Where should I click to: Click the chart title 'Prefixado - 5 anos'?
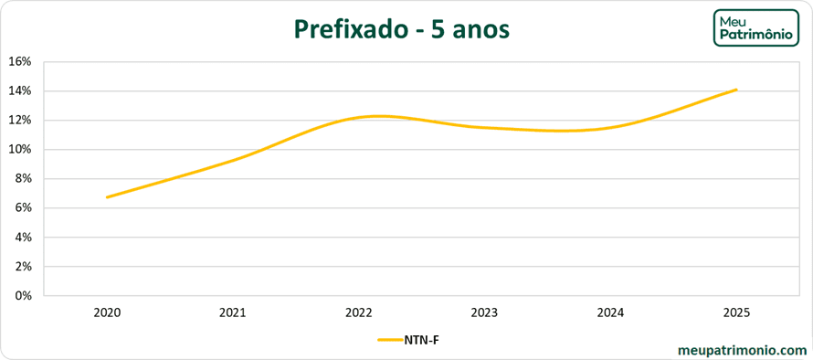coord(402,29)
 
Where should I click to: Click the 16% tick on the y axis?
coord(20,62)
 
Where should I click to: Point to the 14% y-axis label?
coord(20,91)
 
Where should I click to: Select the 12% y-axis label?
coord(20,121)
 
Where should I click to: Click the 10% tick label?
coord(20,150)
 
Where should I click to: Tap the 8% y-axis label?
coord(23,179)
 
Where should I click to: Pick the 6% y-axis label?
coord(23,208)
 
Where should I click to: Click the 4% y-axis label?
coord(23,238)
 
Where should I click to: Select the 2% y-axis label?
coord(23,267)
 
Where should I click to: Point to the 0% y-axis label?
coord(23,296)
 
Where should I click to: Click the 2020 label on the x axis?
coord(107,312)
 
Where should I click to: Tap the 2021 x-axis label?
coord(233,312)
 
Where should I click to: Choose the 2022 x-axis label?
coord(359,312)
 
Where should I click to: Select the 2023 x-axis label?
coord(484,312)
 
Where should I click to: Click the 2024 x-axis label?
coord(610,312)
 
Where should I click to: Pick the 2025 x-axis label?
coord(736,312)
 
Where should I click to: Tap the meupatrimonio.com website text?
coord(743,349)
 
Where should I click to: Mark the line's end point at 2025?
coord(736,90)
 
